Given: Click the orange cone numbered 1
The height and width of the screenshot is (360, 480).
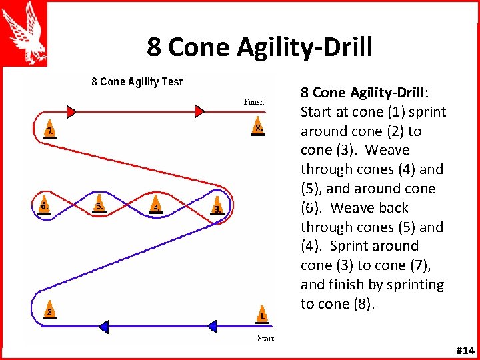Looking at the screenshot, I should click(x=263, y=313).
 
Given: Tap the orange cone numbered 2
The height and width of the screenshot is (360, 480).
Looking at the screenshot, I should click(x=49, y=311).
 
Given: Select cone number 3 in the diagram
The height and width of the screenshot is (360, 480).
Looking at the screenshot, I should click(x=216, y=207).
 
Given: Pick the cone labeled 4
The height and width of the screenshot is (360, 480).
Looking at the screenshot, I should click(x=155, y=205).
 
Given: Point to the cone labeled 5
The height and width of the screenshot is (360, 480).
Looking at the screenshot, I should click(x=99, y=204).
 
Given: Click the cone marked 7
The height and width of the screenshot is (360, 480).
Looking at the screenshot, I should click(x=50, y=129).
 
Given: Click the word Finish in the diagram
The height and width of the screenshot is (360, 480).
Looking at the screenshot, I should click(x=254, y=102).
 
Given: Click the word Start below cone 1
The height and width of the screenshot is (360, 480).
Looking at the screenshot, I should click(x=265, y=338).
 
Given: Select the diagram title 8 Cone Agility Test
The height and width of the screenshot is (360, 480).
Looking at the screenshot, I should click(x=137, y=82).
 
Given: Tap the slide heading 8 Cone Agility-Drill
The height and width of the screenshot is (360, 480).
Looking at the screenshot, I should click(x=260, y=47).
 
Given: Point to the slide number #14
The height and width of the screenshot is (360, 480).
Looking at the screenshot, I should click(x=464, y=350).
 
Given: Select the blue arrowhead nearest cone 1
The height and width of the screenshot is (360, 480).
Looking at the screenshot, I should click(x=211, y=326).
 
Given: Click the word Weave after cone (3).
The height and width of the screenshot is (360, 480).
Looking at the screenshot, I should click(x=387, y=151).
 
